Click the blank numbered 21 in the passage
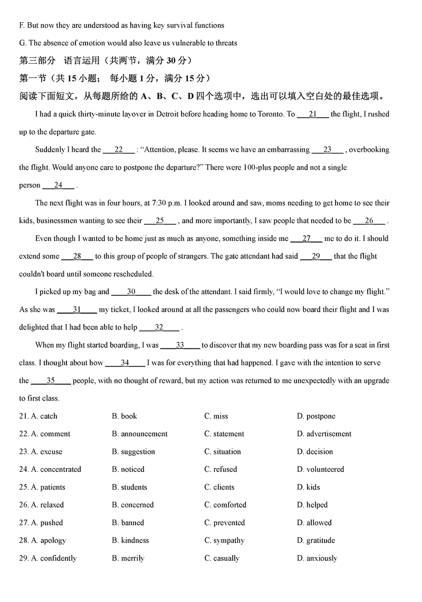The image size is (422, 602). [x=313, y=114]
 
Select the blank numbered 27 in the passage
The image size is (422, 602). [x=306, y=238]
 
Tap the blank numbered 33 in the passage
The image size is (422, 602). [x=180, y=345]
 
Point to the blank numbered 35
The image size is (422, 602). [x=51, y=381]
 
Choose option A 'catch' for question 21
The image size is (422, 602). [x=45, y=416]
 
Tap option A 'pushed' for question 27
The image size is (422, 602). [x=47, y=523]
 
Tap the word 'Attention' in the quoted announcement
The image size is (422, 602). [x=159, y=150]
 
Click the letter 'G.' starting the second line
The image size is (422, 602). [x=23, y=43]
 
